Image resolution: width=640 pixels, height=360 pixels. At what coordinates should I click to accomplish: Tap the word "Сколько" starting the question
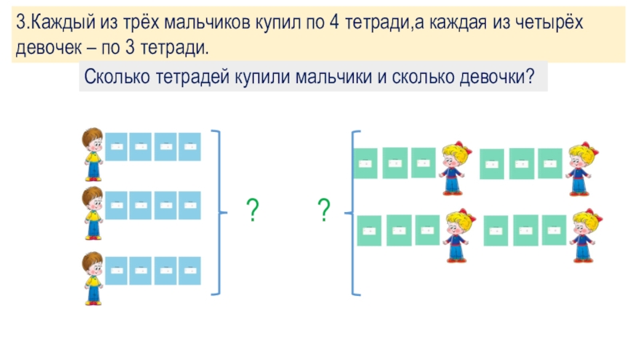click(x=113, y=78)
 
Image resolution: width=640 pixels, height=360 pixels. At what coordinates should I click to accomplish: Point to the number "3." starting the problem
click(x=23, y=24)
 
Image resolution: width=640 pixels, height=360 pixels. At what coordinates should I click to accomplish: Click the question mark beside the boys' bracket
click(x=252, y=211)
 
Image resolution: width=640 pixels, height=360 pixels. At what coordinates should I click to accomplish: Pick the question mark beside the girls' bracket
click(x=324, y=211)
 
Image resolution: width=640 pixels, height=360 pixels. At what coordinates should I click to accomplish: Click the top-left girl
click(x=457, y=167)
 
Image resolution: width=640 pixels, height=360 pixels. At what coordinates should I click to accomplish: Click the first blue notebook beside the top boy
click(x=118, y=146)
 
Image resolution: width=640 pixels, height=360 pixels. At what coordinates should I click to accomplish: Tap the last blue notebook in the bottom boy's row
click(x=190, y=274)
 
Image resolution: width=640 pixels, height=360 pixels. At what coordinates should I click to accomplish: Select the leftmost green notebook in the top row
click(x=366, y=163)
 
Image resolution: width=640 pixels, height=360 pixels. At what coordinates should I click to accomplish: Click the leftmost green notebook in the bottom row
click(x=370, y=230)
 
